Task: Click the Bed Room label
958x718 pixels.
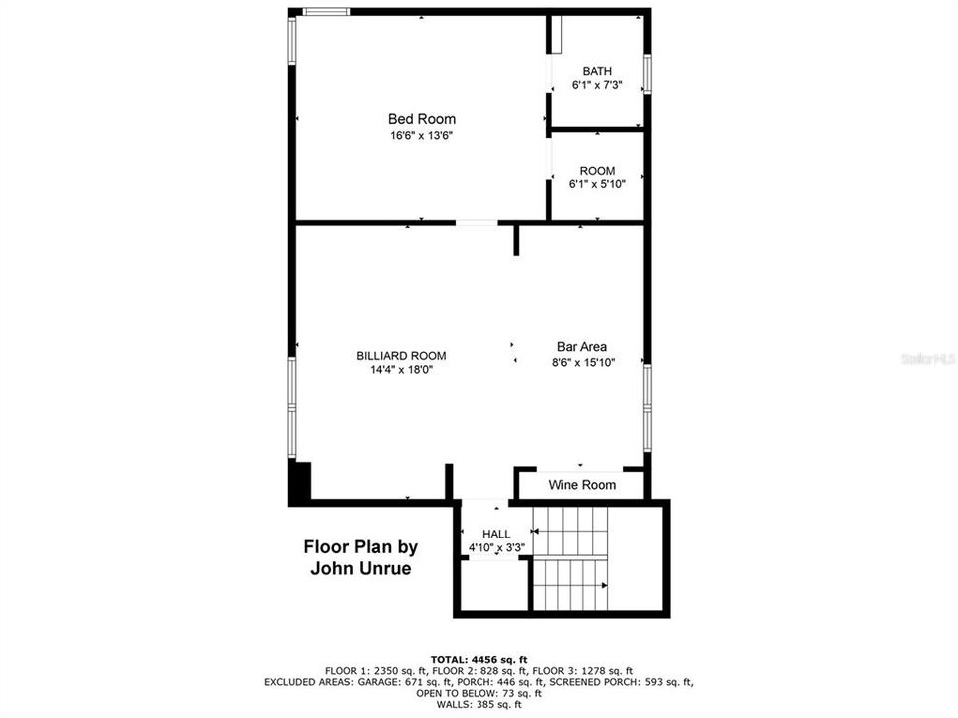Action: click(x=422, y=119)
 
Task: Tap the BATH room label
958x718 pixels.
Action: click(x=597, y=71)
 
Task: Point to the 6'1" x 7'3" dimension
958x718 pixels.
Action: click(x=597, y=86)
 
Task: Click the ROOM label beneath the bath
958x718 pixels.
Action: click(x=597, y=171)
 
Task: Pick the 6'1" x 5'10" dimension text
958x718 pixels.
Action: click(x=597, y=184)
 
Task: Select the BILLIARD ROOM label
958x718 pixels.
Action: click(x=401, y=355)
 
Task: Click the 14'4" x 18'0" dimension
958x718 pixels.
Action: click(x=401, y=369)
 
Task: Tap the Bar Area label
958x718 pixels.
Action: click(x=582, y=347)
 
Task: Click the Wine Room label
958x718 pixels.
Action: click(x=582, y=485)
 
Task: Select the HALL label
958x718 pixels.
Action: click(x=496, y=534)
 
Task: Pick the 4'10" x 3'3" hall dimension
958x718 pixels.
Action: click(x=496, y=547)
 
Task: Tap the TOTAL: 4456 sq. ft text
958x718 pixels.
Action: click(x=479, y=659)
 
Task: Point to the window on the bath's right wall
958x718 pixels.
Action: click(x=646, y=74)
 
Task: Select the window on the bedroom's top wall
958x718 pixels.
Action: click(x=326, y=12)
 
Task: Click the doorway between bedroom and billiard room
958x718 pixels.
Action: click(x=478, y=223)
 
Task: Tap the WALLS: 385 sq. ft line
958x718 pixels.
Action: click(x=479, y=704)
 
